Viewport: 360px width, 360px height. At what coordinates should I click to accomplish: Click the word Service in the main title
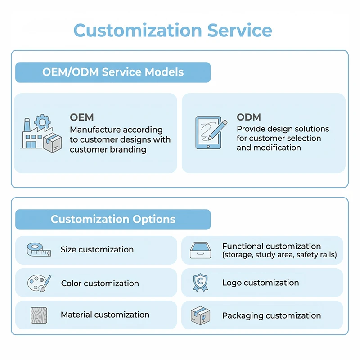point(240,30)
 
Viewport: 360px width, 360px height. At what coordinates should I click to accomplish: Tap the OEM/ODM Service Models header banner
point(113,72)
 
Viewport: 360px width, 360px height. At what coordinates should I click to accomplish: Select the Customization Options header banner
point(113,220)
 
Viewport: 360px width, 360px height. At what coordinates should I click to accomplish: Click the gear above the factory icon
point(42,121)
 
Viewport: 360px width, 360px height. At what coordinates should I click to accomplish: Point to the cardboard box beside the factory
point(53,143)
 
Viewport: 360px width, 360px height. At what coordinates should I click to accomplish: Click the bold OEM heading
point(82,117)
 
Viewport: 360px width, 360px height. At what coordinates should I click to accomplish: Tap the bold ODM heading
point(249,117)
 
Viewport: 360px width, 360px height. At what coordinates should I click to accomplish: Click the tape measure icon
point(39,250)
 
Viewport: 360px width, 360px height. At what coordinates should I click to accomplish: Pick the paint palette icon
point(39,283)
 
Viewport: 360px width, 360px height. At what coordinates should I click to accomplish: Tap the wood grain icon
point(39,315)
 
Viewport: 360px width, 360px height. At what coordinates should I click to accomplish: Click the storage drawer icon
point(200,250)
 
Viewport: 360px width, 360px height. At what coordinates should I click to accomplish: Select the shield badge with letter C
point(200,283)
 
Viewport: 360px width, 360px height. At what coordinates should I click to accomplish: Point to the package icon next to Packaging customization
point(200,315)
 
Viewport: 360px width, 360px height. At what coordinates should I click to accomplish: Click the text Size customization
point(97,250)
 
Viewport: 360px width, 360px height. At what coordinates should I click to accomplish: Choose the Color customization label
point(100,283)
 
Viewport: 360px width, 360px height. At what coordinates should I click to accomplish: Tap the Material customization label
point(105,315)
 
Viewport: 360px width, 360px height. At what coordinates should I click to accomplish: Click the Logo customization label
point(261,283)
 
